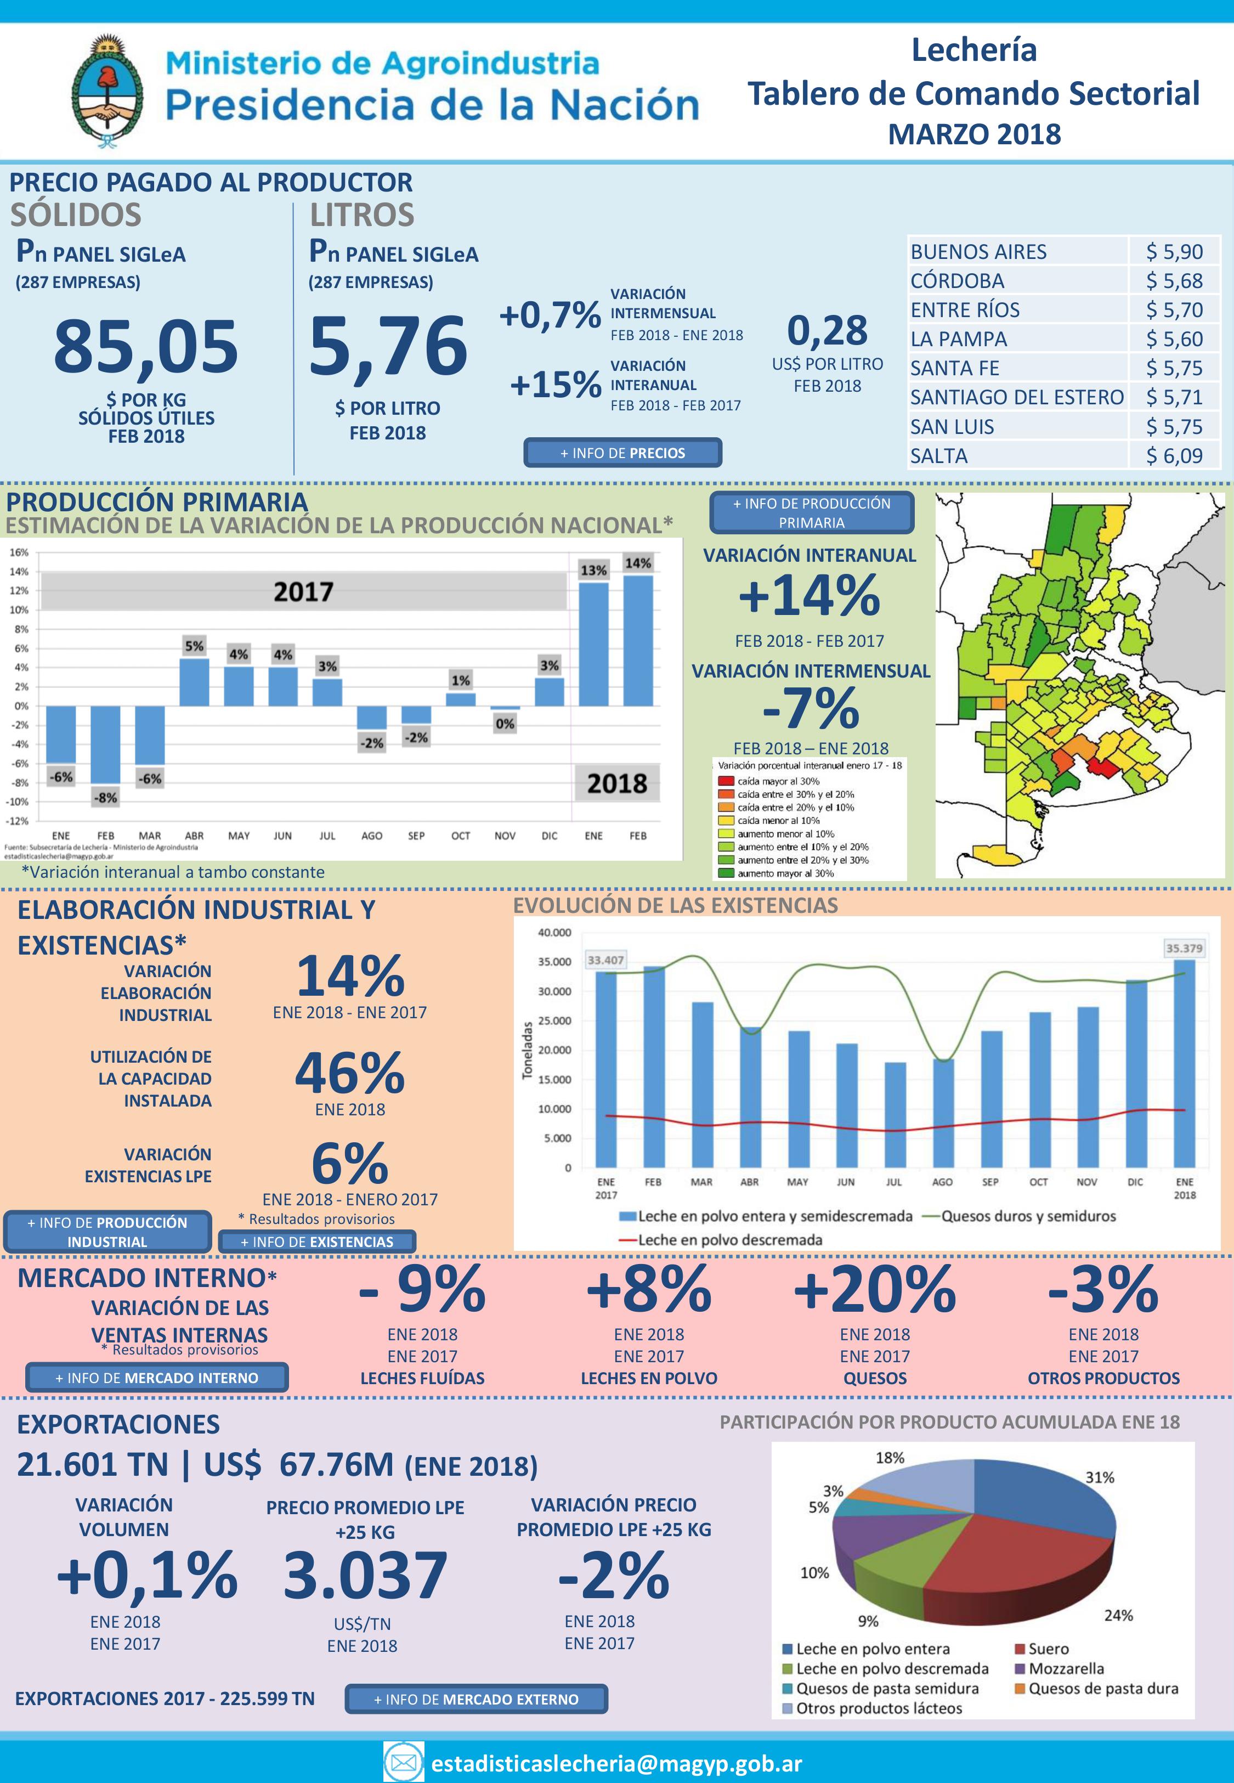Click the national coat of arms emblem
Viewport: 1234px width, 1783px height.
[107, 91]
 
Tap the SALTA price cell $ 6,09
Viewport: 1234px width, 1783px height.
[1174, 455]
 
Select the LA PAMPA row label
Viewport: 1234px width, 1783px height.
[958, 338]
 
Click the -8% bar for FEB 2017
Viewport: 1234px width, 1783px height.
[105, 744]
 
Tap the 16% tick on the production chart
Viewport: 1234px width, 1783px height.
[19, 552]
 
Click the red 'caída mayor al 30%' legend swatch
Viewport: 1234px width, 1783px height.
[726, 781]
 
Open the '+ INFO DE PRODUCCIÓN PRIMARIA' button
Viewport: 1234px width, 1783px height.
[811, 512]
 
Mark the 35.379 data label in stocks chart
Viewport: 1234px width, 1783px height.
[1184, 948]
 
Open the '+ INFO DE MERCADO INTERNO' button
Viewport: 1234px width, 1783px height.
[157, 1377]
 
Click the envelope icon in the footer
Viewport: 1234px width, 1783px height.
[404, 1762]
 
